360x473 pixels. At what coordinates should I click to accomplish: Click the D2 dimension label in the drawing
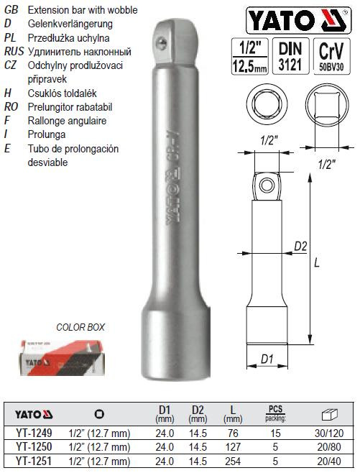coord(301,247)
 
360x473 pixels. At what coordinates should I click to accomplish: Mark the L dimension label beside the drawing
coord(317,264)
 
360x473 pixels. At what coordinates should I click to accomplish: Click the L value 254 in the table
coord(231,460)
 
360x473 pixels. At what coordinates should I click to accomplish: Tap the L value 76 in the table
coord(231,434)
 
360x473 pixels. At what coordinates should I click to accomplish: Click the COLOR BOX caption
coord(80,327)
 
